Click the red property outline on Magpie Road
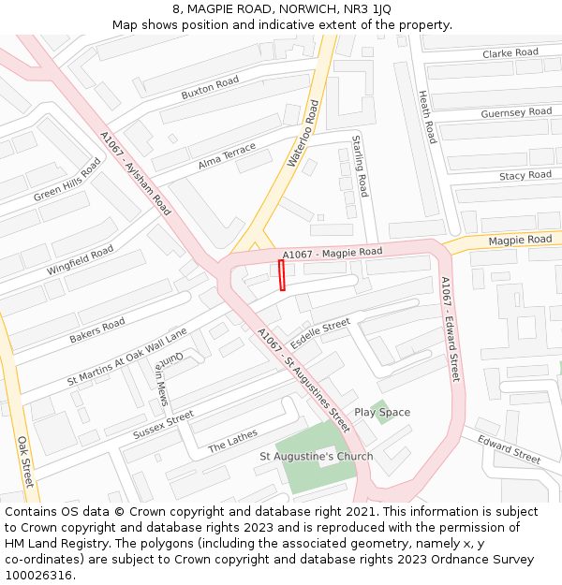282,276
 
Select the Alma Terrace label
227,156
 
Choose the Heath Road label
426,117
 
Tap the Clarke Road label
510,53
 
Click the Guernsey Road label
516,113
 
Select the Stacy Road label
525,176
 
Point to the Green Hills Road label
67,180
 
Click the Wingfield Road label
81,260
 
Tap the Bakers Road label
97,330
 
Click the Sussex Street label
163,425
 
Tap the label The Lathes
232,441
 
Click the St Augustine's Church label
316,457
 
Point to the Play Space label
382,413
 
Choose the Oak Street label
25,461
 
